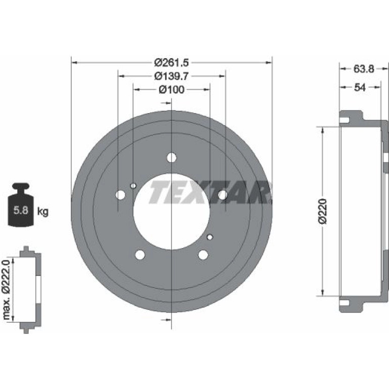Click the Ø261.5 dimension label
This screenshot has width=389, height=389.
[x=171, y=63]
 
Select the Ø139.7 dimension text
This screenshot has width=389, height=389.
[x=171, y=76]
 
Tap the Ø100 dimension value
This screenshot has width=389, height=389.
[x=171, y=89]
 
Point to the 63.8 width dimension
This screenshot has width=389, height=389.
[x=364, y=69]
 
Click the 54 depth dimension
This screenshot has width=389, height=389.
[x=360, y=87]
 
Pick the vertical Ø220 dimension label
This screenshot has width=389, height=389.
[x=323, y=211]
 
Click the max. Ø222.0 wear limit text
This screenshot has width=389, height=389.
[x=6, y=289]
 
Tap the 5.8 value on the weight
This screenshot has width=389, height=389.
[x=21, y=210]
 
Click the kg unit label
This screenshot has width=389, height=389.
[x=42, y=212]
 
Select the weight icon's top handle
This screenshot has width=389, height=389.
[x=21, y=186]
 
